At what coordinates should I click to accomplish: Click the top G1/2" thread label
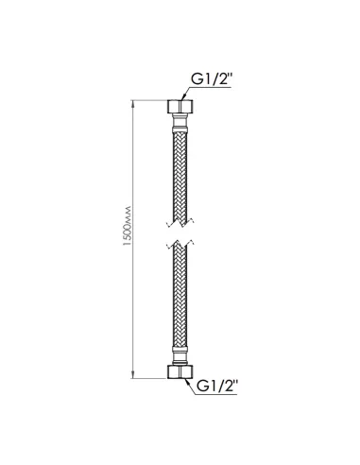(212, 79)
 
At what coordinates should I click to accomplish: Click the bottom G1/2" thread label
(216, 386)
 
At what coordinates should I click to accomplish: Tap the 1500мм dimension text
(128, 226)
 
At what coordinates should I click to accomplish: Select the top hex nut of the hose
(180, 107)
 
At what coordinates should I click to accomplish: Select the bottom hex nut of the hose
(180, 371)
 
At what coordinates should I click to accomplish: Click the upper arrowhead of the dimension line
(133, 104)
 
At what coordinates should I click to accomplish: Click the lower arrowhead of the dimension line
(133, 375)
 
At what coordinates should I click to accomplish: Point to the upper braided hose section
(180, 177)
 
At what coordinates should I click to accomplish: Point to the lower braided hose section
(180, 296)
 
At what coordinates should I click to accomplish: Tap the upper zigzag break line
(180, 223)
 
